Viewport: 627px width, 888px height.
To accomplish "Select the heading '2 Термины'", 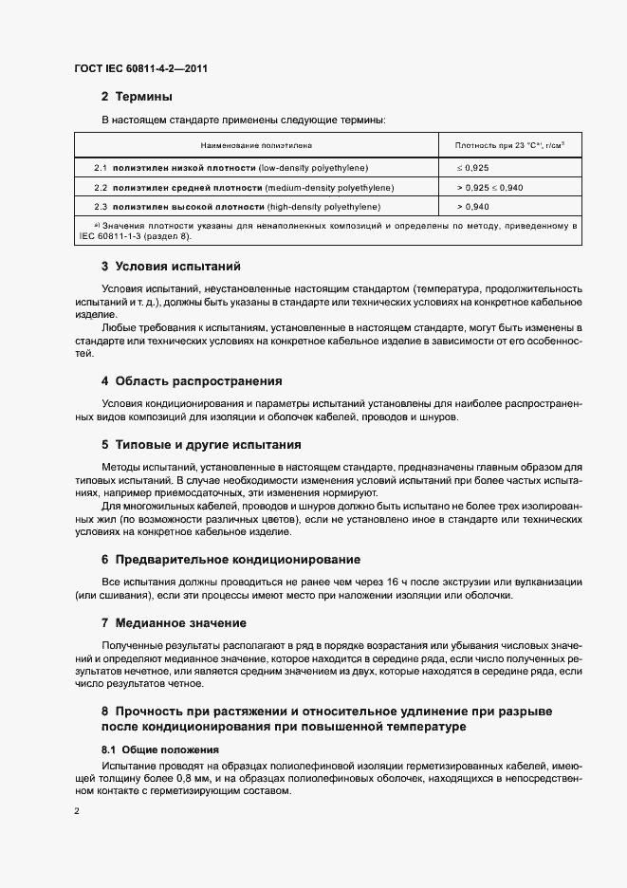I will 137,97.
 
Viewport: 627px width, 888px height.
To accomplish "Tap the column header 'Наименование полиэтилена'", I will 255,146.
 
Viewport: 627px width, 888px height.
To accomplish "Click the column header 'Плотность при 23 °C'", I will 510,146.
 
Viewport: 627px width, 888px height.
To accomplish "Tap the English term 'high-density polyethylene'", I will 323,206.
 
